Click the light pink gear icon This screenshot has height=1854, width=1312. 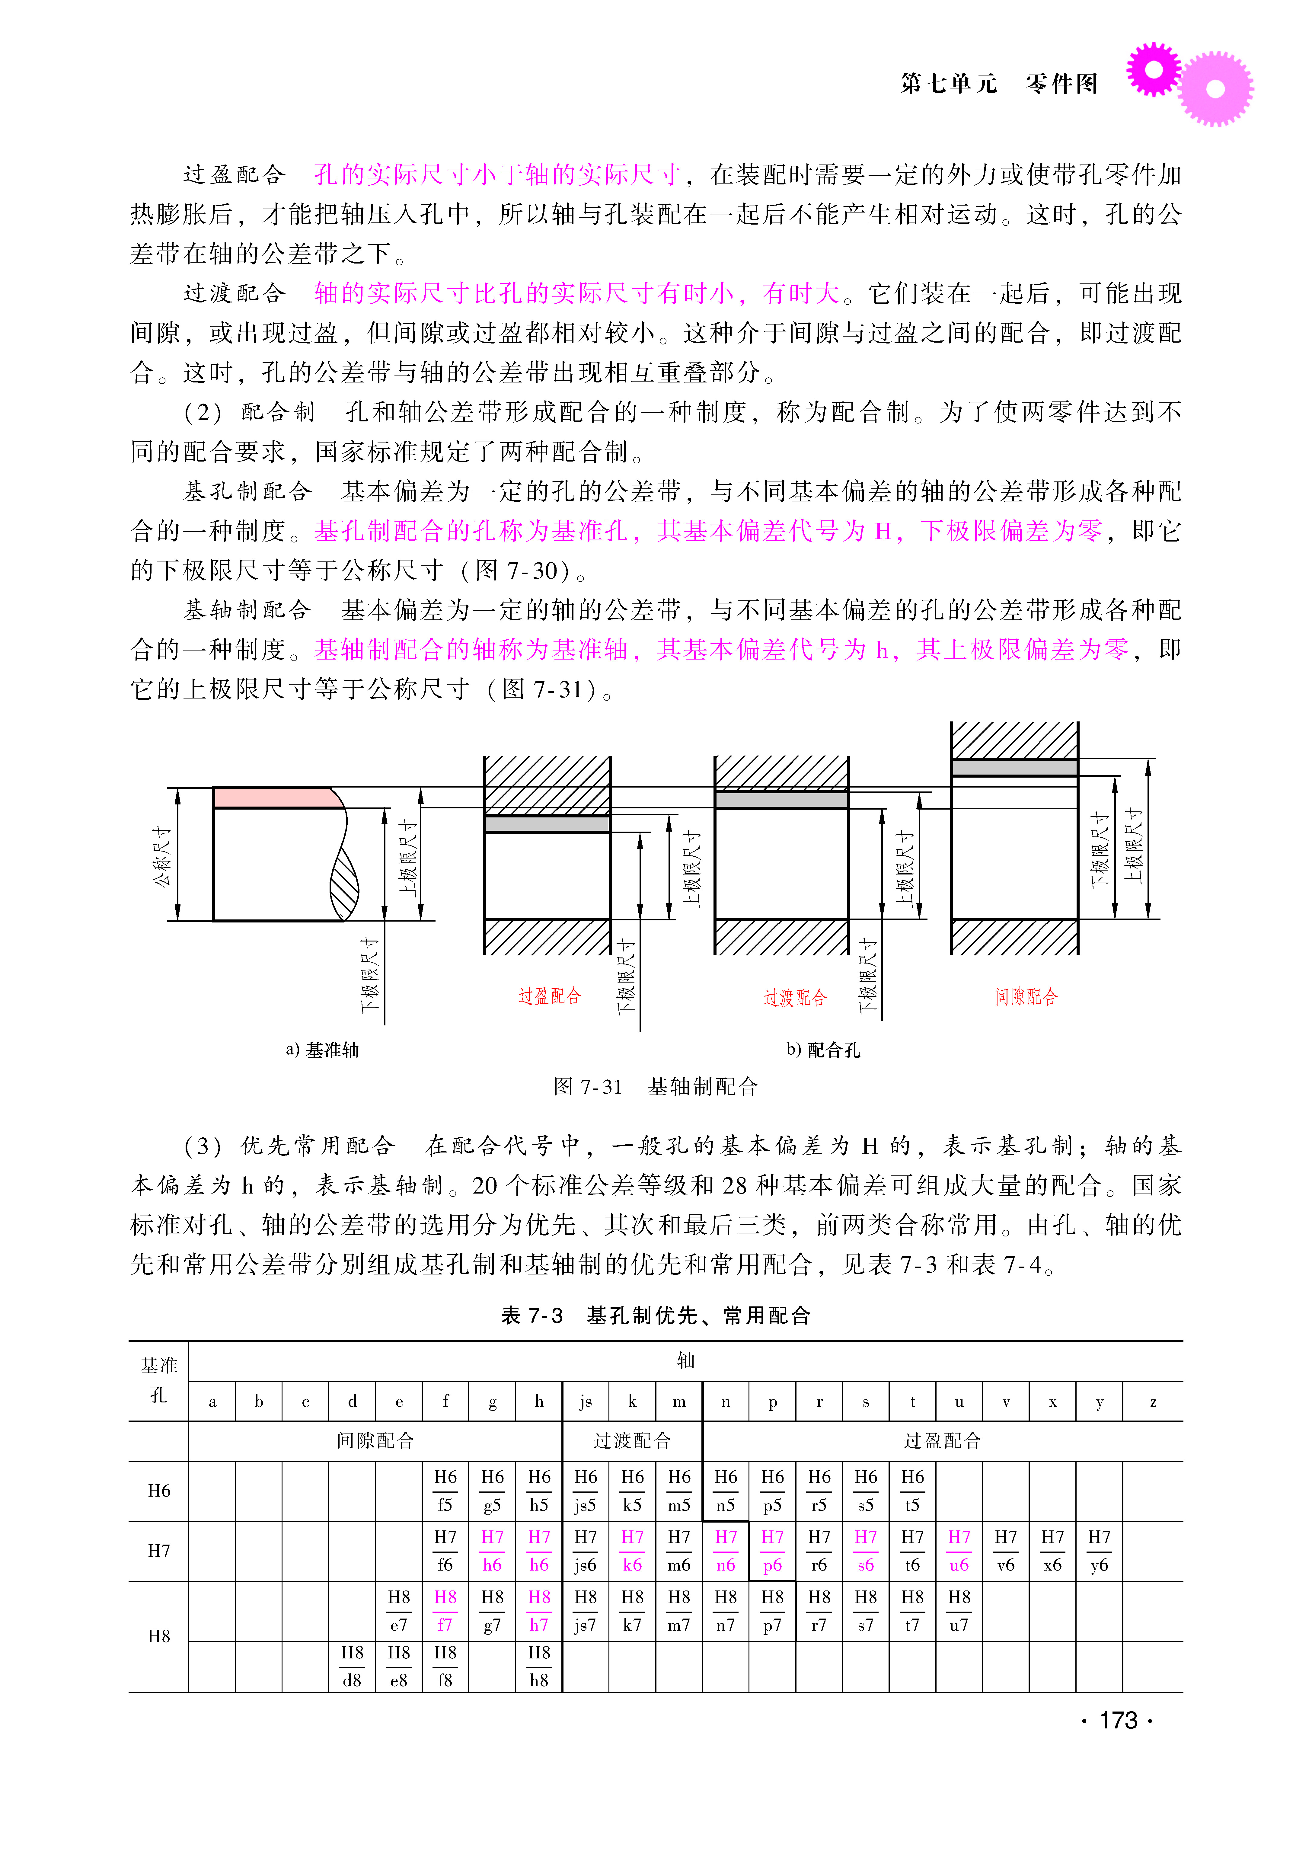[1216, 89]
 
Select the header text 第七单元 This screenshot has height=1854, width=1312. [949, 83]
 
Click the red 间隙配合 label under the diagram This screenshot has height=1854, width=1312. [1026, 997]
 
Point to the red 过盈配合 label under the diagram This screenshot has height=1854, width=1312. [549, 996]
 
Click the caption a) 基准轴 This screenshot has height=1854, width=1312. [321, 1049]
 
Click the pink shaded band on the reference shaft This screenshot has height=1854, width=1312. [275, 797]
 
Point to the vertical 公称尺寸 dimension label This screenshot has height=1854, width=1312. [162, 856]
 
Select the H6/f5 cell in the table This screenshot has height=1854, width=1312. [445, 1491]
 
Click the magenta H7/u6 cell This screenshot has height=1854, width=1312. [959, 1551]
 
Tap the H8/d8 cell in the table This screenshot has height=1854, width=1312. [352, 1666]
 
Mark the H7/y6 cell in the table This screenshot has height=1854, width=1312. [1099, 1551]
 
